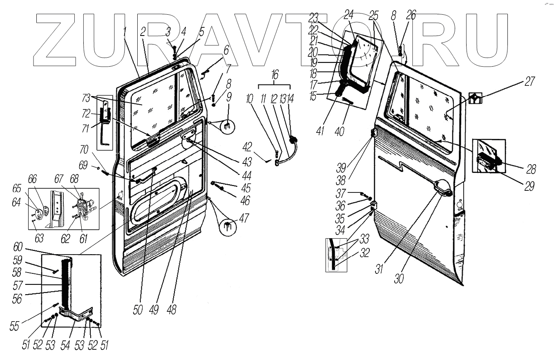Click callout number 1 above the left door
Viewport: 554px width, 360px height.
coord(125,31)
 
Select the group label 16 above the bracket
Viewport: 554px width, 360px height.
coord(275,74)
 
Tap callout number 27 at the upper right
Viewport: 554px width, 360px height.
coord(529,81)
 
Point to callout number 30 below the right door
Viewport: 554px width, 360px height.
coord(399,278)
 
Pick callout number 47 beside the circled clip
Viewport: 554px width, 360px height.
coord(244,218)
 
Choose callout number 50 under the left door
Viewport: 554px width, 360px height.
coord(138,310)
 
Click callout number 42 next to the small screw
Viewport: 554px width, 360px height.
coord(259,147)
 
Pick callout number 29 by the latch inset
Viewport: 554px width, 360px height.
coord(529,186)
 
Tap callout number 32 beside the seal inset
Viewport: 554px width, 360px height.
coord(364,253)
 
